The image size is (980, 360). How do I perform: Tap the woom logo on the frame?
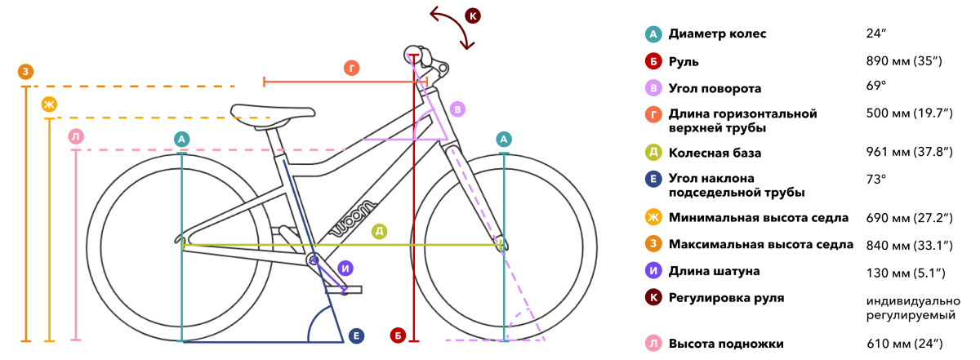click(x=354, y=219)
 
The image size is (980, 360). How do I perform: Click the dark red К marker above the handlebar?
click(x=473, y=16)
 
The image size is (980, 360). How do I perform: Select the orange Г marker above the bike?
click(x=352, y=69)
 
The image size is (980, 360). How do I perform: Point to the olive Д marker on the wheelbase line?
click(x=379, y=231)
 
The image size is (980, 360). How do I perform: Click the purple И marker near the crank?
click(x=345, y=268)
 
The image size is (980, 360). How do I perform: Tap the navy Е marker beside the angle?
click(x=357, y=336)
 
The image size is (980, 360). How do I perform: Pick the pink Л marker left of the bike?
click(x=76, y=137)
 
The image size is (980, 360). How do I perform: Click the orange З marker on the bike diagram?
click(x=26, y=72)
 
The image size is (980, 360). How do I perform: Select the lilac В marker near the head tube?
click(x=457, y=109)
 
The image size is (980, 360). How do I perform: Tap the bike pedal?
click(x=344, y=290)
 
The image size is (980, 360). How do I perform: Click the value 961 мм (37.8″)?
click(x=909, y=152)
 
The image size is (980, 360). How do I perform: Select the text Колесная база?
click(x=715, y=153)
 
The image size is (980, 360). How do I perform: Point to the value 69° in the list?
click(x=875, y=85)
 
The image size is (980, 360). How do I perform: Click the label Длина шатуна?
click(x=714, y=271)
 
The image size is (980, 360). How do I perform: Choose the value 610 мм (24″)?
click(x=904, y=344)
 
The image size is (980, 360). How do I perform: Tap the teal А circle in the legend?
click(x=653, y=34)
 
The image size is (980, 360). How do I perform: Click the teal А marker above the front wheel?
click(x=504, y=140)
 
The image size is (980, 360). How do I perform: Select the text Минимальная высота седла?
click(x=759, y=218)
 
